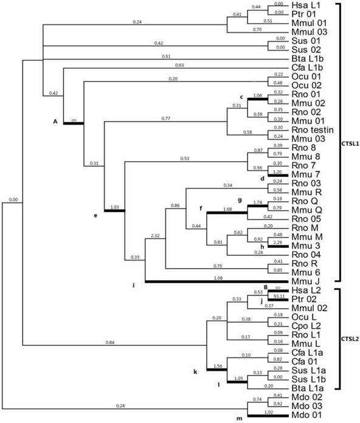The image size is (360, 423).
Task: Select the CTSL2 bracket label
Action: coord(351,339)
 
